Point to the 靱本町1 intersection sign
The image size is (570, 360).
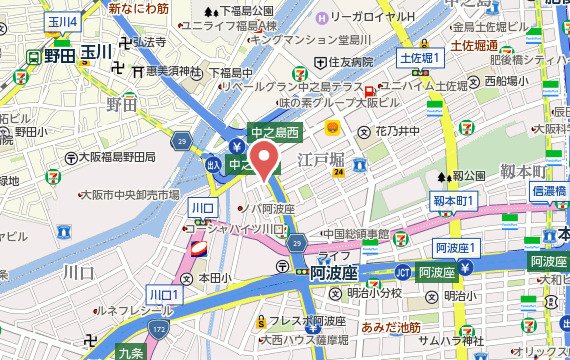tap(458, 202)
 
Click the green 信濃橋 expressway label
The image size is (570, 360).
tap(550, 190)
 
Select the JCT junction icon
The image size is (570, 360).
tap(403, 271)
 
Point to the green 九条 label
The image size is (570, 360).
tap(129, 351)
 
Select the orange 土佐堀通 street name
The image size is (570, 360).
tap(476, 46)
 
